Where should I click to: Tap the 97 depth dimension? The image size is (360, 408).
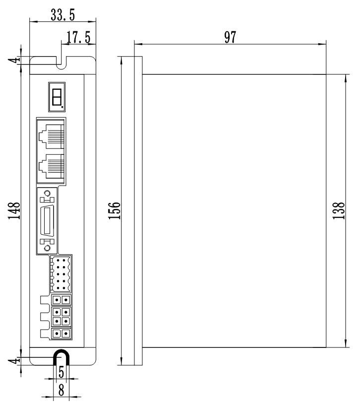230,38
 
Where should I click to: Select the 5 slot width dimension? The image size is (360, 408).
61,371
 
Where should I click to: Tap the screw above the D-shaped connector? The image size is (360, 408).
48,194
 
